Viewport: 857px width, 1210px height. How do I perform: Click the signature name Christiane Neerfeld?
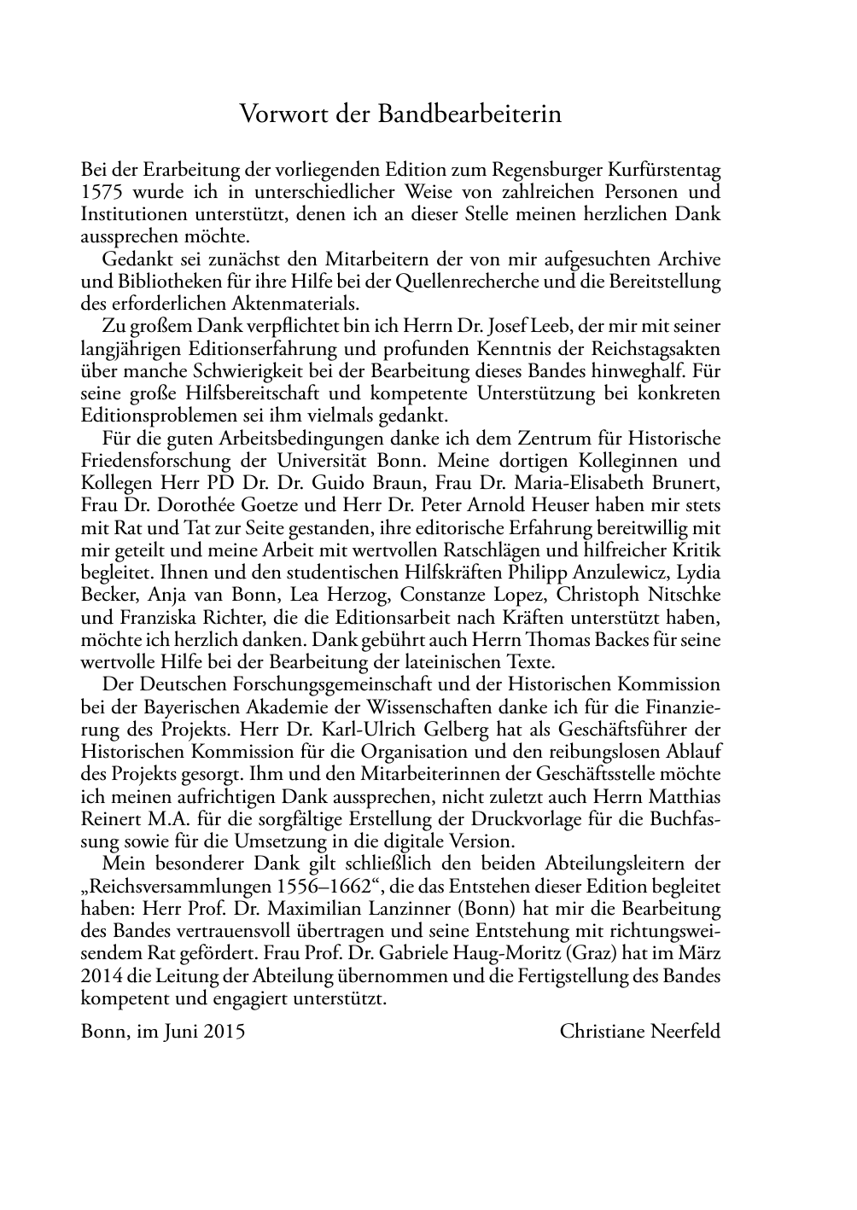pos(639,1031)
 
